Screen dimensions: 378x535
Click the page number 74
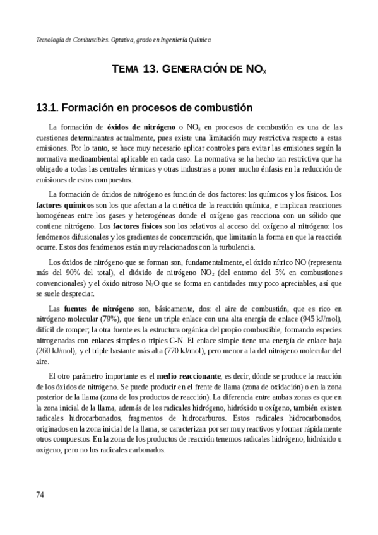tap(40, 495)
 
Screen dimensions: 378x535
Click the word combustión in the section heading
tap(220, 107)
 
